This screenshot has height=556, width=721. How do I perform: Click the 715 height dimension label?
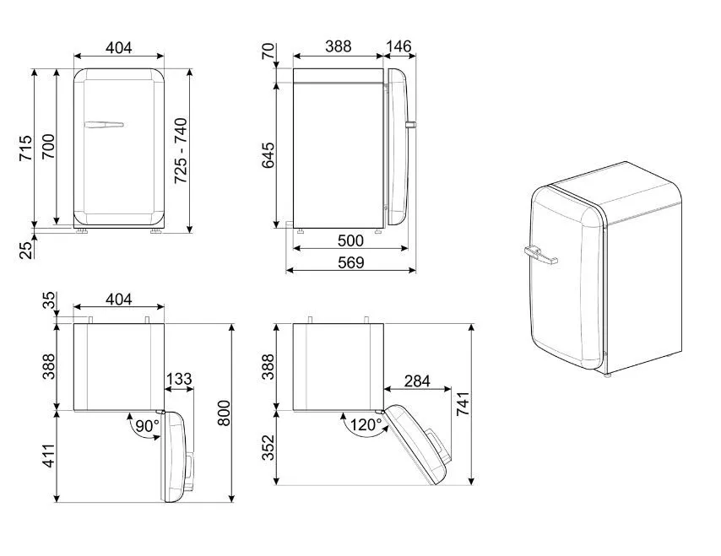click(x=25, y=148)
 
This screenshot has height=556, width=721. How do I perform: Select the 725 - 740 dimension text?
click(x=181, y=151)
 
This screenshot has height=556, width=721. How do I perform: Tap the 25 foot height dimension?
click(x=26, y=251)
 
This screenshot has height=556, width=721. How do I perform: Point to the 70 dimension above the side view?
click(x=268, y=51)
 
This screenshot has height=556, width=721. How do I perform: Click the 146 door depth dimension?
click(x=398, y=46)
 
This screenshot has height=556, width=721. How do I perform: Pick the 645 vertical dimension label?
click(x=268, y=155)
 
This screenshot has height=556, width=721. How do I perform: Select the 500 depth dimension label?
click(x=350, y=240)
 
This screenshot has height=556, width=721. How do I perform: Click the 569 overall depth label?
click(x=351, y=262)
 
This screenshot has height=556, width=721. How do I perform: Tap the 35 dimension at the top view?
click(x=49, y=300)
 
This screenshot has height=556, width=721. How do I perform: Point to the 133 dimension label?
click(x=179, y=379)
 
